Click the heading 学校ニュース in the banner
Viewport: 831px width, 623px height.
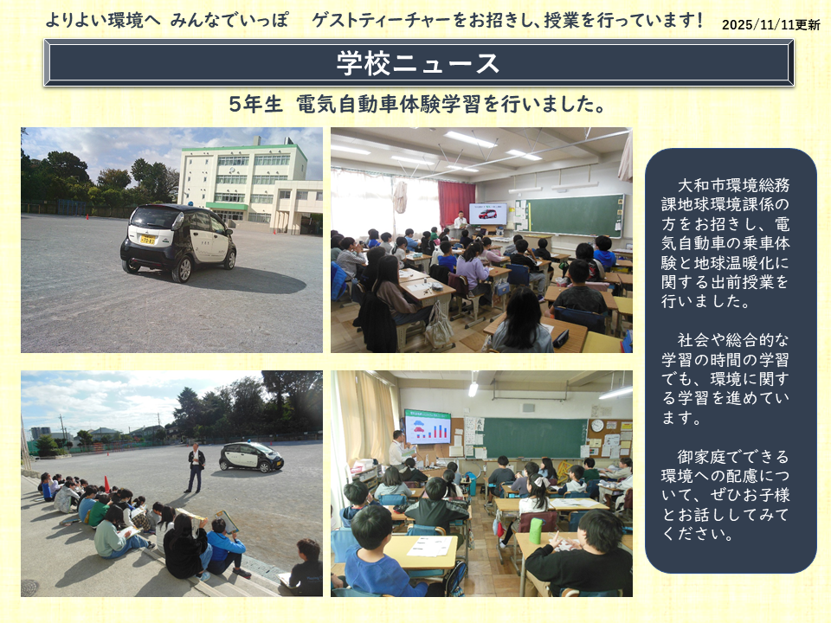click(x=418, y=63)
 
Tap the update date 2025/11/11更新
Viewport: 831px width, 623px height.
click(x=770, y=25)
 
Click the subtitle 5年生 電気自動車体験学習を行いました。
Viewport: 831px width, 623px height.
click(x=417, y=104)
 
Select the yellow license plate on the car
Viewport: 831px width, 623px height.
click(x=147, y=240)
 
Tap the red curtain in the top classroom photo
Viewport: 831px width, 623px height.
click(x=456, y=202)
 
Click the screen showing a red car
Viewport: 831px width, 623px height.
click(x=487, y=214)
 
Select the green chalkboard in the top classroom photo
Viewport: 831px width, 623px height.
click(x=576, y=215)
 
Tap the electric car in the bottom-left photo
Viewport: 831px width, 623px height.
click(x=251, y=457)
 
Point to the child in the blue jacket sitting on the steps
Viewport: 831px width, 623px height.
click(x=226, y=548)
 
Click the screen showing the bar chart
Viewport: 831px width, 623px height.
click(x=428, y=427)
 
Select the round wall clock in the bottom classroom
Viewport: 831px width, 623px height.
click(x=597, y=426)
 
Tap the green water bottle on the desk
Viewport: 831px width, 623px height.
click(x=536, y=530)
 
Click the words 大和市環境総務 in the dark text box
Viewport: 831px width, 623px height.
click(x=733, y=185)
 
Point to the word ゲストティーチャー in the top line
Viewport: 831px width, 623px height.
click(x=382, y=21)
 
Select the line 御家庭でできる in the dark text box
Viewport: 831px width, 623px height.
click(x=733, y=456)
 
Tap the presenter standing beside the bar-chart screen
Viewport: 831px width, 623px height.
click(x=396, y=449)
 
